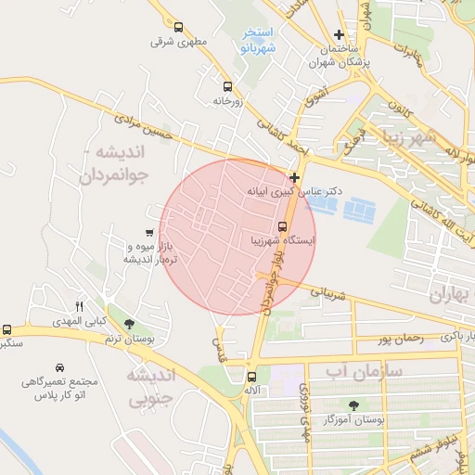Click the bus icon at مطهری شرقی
click(x=177, y=27)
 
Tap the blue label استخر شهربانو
click(x=258, y=42)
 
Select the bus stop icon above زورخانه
click(x=227, y=84)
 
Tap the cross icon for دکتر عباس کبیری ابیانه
click(x=294, y=176)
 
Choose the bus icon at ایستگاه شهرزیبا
click(x=282, y=225)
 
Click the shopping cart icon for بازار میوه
click(x=149, y=232)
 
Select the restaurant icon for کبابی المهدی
click(x=79, y=306)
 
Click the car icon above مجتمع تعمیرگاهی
click(x=60, y=367)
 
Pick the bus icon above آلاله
click(x=251, y=377)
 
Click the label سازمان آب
click(x=365, y=371)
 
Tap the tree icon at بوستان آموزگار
click(x=353, y=404)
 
